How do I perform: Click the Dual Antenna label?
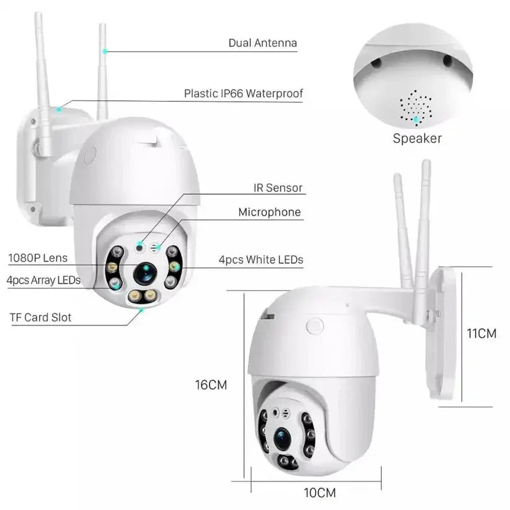(262, 43)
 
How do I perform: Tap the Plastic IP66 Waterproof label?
(243, 94)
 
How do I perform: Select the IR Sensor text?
(278, 187)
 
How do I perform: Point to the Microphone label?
(269, 212)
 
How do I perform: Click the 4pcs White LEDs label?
(261, 260)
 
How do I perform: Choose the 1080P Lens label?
(38, 258)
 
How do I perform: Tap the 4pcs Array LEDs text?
(43, 280)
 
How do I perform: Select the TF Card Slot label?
(40, 317)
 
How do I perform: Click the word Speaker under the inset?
(417, 138)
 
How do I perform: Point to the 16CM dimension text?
(211, 385)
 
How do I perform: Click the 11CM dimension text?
(481, 333)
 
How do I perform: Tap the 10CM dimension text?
(320, 493)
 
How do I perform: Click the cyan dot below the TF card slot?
(142, 311)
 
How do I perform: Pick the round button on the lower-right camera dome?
(315, 325)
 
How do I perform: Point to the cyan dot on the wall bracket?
(59, 110)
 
